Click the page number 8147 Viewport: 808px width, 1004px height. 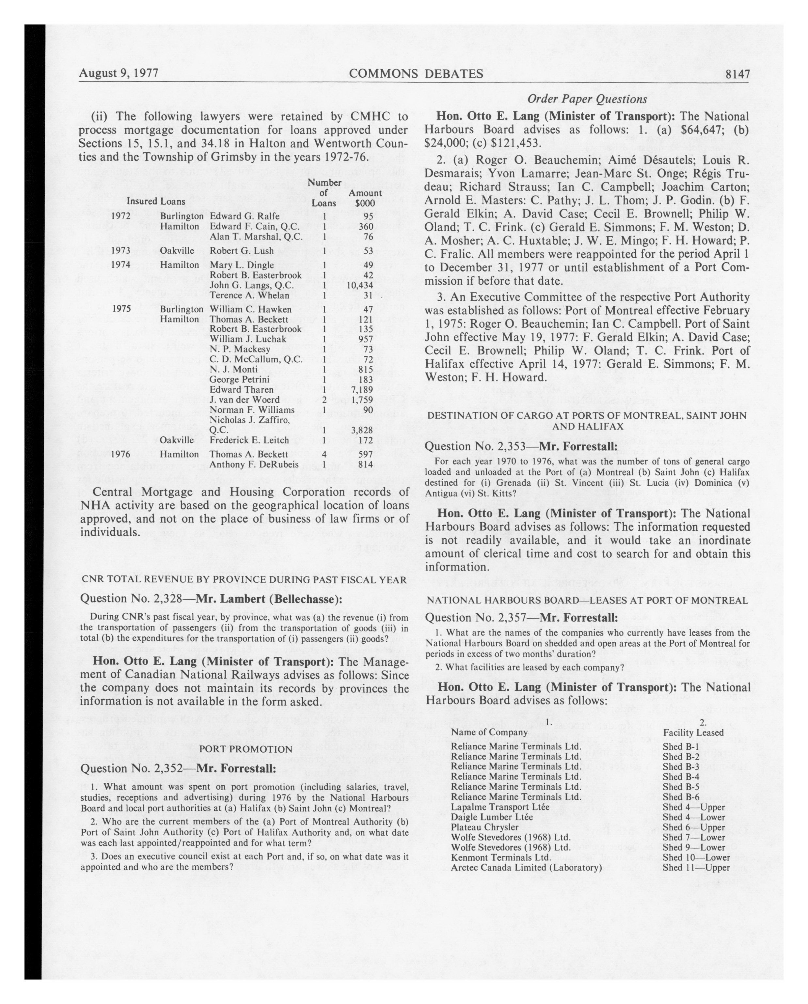[x=736, y=74]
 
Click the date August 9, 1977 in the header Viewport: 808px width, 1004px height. [x=119, y=73]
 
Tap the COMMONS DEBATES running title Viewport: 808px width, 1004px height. [x=415, y=74]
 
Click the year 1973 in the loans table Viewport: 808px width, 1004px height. [x=120, y=251]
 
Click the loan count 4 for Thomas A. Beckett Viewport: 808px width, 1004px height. [x=323, y=454]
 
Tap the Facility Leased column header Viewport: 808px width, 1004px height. [x=693, y=732]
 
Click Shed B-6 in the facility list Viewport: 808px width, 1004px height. [x=680, y=797]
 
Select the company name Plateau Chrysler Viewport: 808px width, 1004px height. [x=484, y=827]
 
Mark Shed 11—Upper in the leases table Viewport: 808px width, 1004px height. [x=696, y=868]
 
